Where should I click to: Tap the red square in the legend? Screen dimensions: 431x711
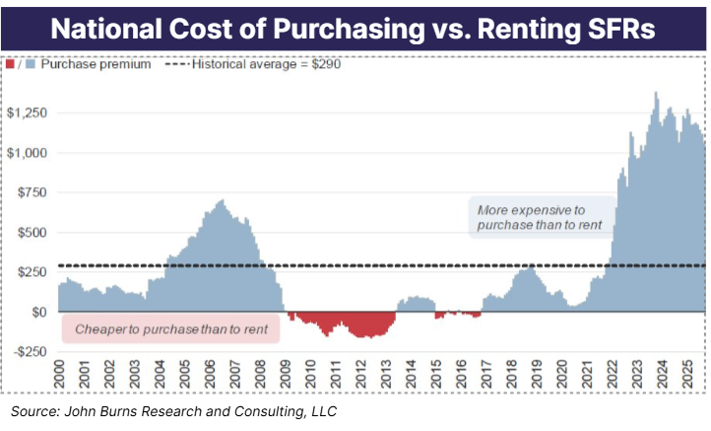(11, 65)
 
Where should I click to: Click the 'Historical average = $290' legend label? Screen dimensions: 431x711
(266, 65)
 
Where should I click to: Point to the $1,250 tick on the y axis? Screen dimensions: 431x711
(26, 112)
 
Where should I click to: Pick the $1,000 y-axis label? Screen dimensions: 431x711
(26, 153)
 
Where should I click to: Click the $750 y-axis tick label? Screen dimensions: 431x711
(31, 192)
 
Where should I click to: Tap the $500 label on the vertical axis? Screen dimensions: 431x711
(31, 233)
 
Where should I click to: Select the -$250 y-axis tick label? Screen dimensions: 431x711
(29, 352)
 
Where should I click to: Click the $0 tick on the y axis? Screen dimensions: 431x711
(36, 312)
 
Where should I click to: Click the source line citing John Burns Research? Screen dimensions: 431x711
(175, 410)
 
